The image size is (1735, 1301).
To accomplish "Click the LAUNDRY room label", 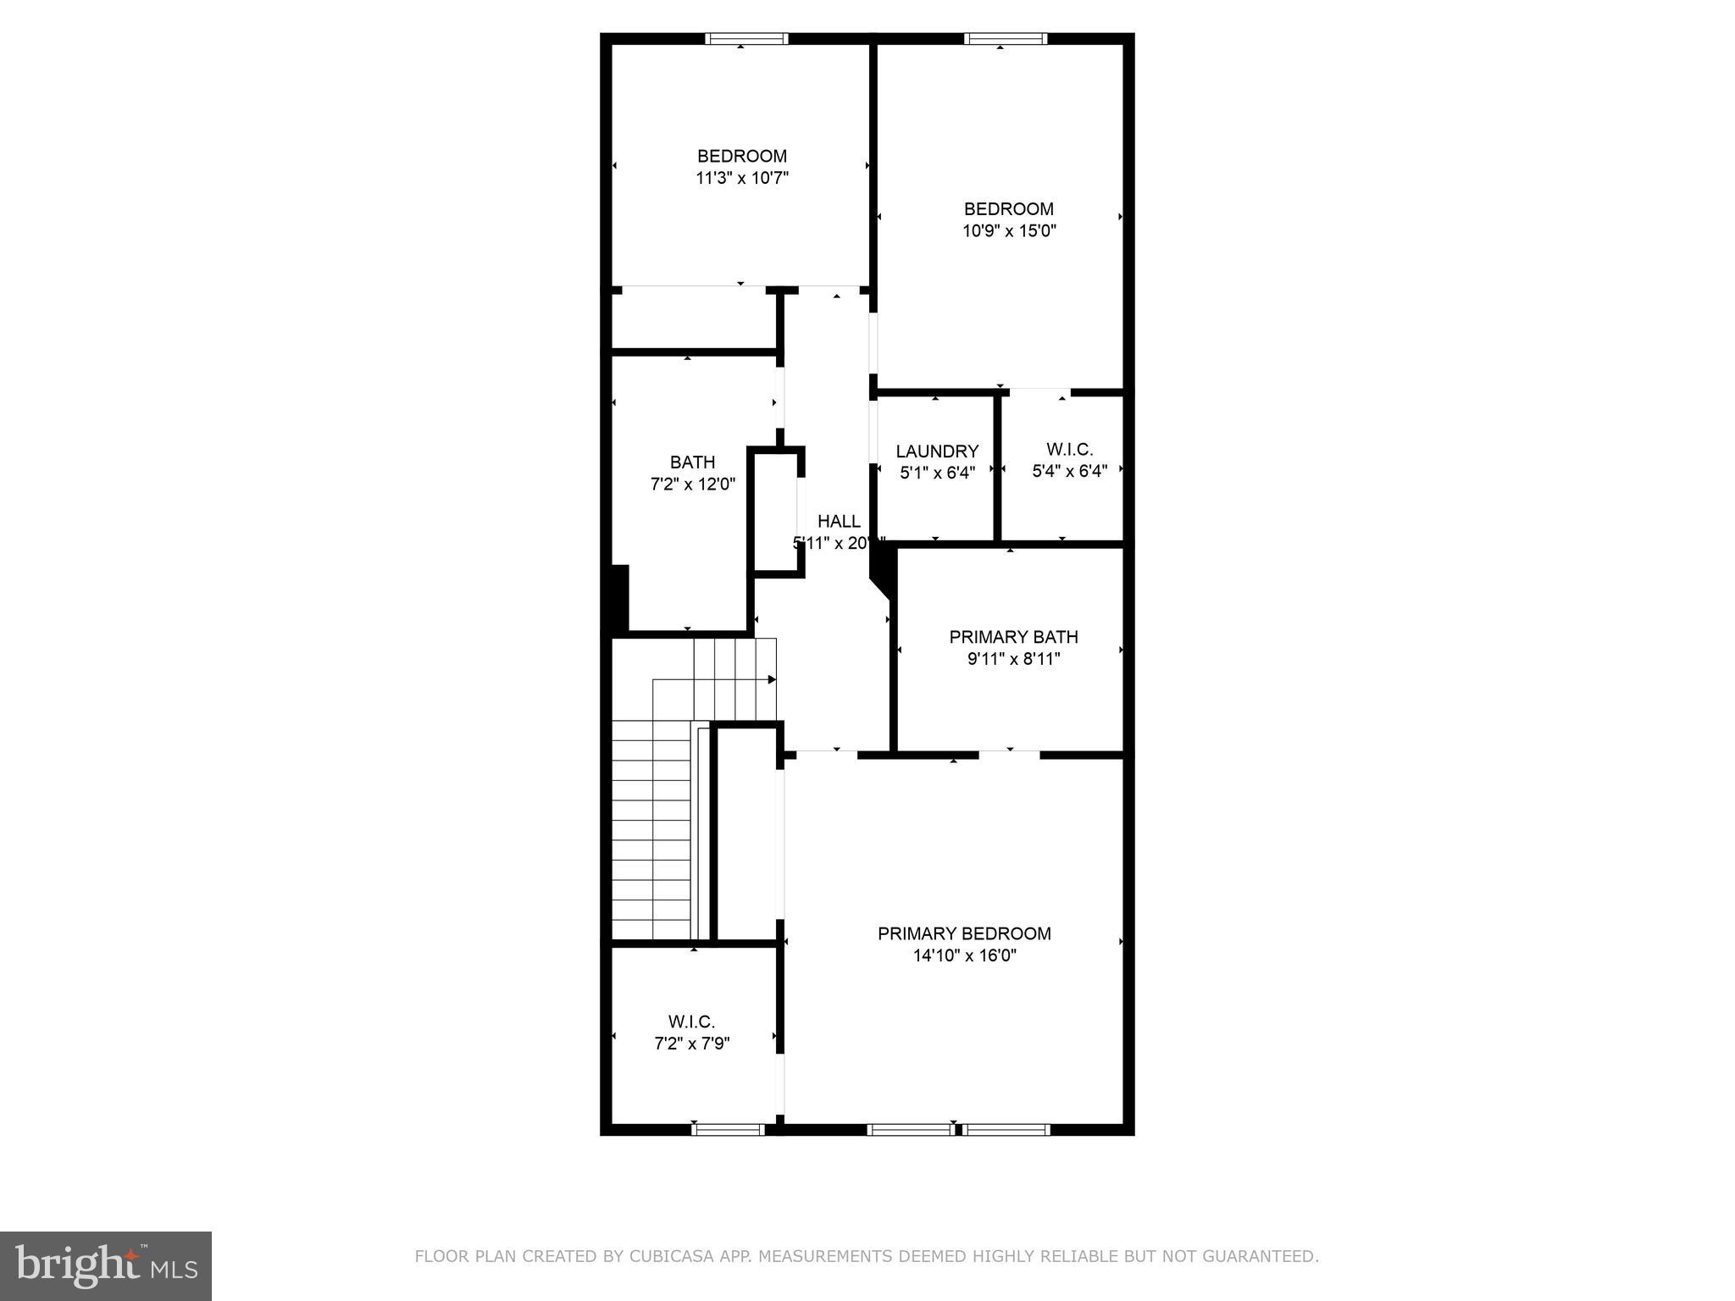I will pos(937,451).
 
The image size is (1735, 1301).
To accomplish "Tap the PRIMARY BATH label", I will pos(1013,637).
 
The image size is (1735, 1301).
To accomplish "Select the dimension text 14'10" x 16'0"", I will pos(964,955).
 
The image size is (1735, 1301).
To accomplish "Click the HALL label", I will pos(839,522).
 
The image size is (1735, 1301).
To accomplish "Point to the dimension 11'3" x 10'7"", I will pos(742,178).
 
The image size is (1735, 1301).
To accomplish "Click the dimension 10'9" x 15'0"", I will pos(1009,230).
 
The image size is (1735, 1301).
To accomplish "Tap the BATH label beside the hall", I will pos(692,462).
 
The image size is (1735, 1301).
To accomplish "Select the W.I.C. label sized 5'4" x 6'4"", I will pos(1069,450).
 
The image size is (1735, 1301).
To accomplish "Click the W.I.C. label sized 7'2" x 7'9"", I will pos(691,1022).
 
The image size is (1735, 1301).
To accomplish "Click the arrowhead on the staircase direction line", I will pos(772,679).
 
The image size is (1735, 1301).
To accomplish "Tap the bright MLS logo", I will pos(106,1266).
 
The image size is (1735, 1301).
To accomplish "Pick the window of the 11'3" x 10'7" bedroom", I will pos(747,39).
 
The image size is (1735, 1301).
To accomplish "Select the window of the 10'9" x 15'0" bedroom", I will pos(1006,39).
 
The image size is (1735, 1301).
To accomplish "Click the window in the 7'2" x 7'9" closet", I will pos(728,1129).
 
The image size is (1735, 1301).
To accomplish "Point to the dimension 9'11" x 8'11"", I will pos(1013,659).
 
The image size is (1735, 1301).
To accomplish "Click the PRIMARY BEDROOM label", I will pos(964,933).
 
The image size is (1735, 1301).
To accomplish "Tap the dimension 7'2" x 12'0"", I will pos(692,484).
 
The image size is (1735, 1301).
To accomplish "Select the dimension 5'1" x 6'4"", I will pos(937,473).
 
